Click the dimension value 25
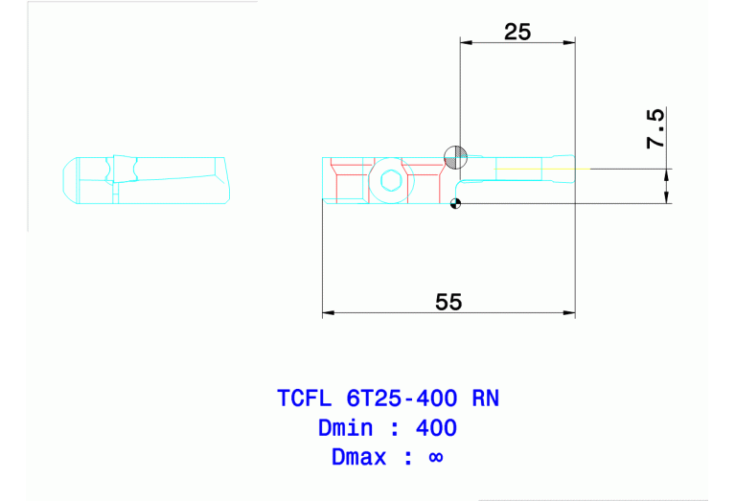coord(517,32)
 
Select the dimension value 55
coord(448,302)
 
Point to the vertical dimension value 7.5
coord(655,128)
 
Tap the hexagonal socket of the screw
coord(389,179)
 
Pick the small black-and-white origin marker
coord(455,202)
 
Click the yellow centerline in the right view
coord(537,169)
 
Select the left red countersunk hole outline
coord(351,178)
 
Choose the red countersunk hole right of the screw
coord(422,176)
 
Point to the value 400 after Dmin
coord(437,427)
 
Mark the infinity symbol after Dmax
coord(435,458)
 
